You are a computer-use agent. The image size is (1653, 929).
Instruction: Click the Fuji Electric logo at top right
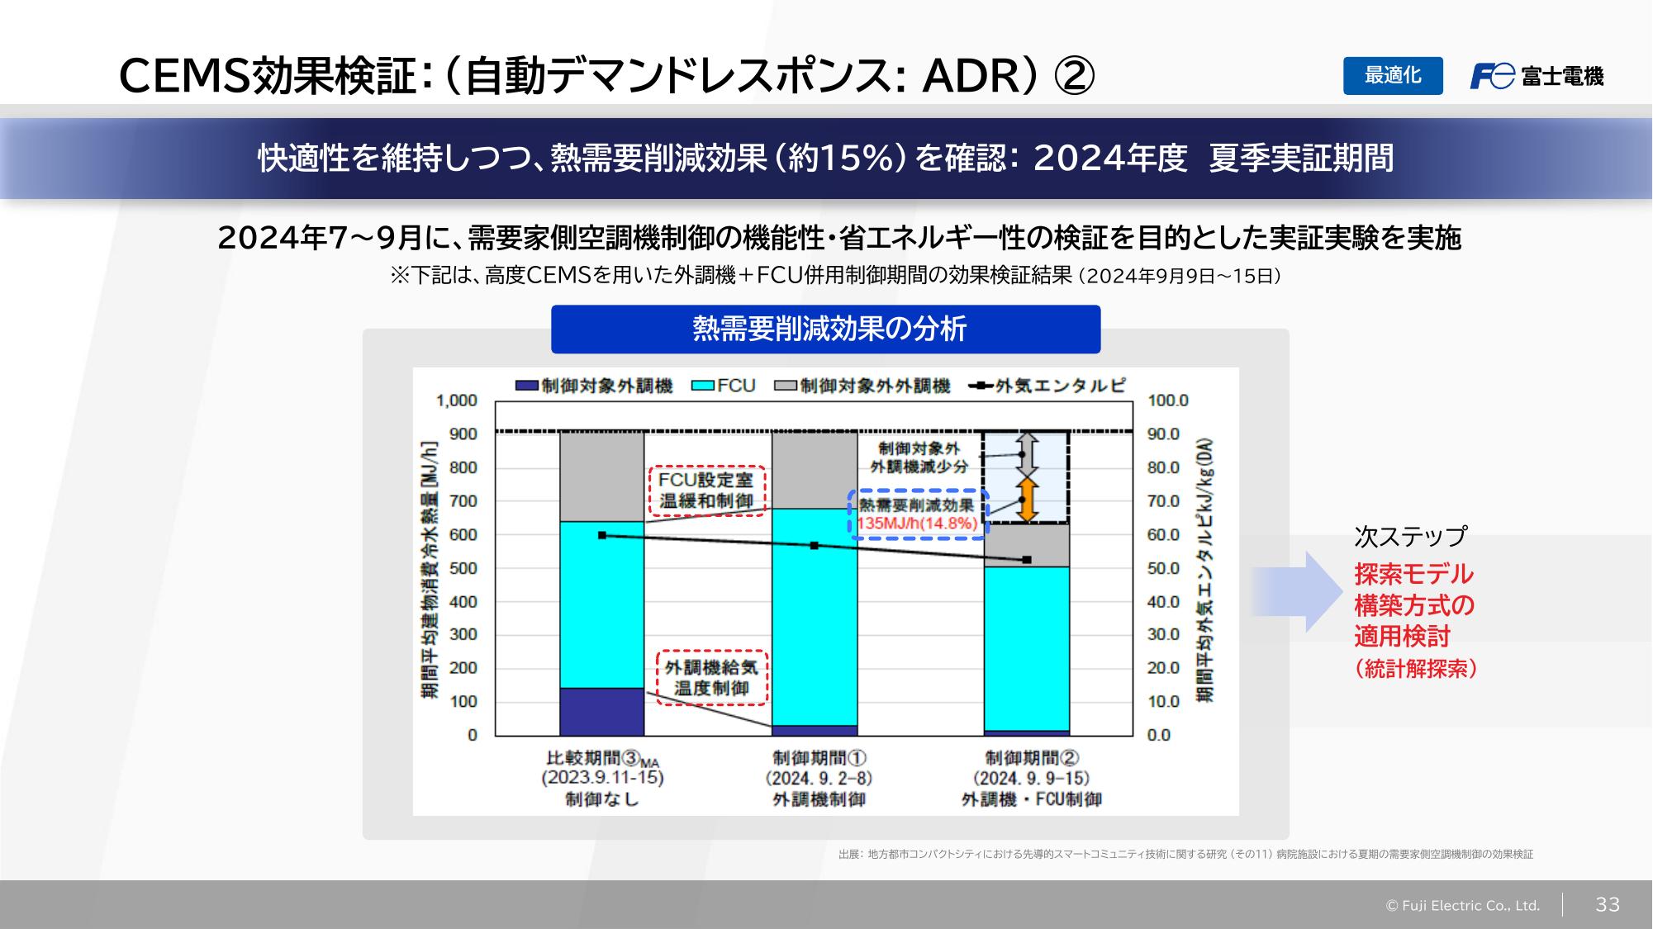pos(1536,76)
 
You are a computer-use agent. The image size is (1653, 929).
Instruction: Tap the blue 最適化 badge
pos(1392,76)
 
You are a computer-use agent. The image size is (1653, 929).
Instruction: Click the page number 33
pos(1607,904)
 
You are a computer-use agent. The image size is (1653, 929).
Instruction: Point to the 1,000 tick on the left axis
pos(457,401)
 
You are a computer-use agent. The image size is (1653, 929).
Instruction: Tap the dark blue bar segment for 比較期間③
pos(601,711)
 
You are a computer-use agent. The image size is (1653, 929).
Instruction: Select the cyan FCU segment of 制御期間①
pos(815,617)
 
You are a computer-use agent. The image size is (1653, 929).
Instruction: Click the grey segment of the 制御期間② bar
pos(1026,545)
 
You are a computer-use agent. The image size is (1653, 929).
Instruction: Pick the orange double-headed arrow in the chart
pos(1026,500)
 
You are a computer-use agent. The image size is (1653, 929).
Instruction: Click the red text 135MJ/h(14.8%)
pos(917,524)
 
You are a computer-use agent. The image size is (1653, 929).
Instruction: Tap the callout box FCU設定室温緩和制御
pos(706,491)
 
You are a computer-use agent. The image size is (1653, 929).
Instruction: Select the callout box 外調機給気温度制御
pos(712,678)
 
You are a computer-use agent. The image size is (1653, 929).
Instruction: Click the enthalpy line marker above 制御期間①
pos(815,546)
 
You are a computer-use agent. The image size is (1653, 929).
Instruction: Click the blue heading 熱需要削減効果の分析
pos(825,329)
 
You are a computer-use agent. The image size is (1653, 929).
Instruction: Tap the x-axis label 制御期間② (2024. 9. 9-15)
pos(1031,778)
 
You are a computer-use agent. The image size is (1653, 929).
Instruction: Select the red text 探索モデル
pos(1413,574)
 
